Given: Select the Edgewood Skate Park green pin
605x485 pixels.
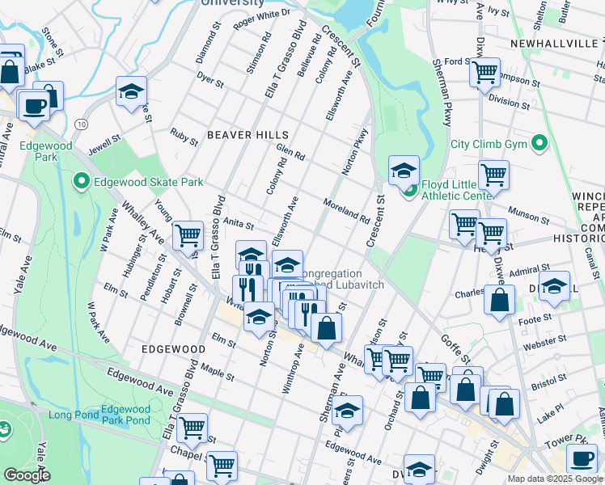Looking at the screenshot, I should (x=81, y=182).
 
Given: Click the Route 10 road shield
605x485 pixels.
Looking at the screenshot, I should (x=82, y=124).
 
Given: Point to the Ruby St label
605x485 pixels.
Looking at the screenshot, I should (x=184, y=136).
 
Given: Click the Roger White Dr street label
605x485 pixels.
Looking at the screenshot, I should (x=261, y=19).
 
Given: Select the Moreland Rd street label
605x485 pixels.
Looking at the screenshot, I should (x=346, y=211).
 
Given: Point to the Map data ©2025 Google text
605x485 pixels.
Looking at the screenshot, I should (x=554, y=479).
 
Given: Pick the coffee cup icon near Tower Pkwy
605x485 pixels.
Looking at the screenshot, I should (x=581, y=458).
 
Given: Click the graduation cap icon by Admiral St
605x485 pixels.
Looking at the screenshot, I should (x=554, y=286).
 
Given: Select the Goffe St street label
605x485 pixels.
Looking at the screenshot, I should (x=456, y=345).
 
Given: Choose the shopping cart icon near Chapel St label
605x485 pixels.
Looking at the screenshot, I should (x=192, y=428).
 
